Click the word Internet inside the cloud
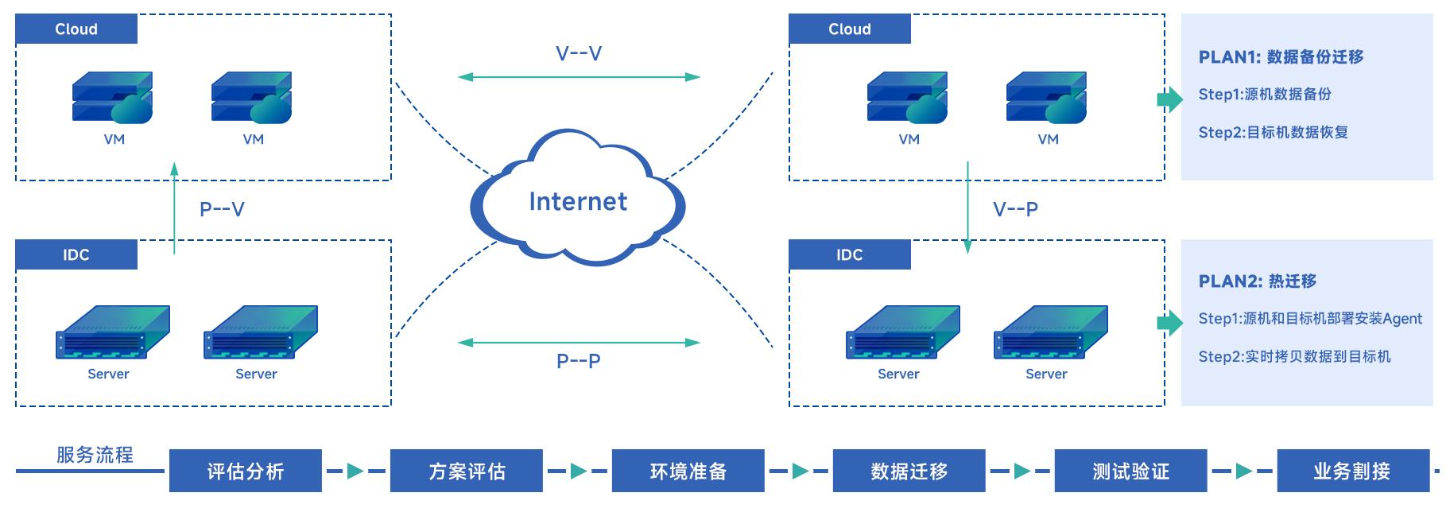coord(578,202)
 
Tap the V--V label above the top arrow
coord(579,54)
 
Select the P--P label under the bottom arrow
coord(579,361)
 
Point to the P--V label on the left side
coord(222,209)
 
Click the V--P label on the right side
coord(1015,209)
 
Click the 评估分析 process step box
coord(245,471)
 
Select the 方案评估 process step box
coord(467,471)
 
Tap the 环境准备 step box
coord(688,471)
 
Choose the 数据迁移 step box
coord(909,471)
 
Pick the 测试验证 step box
coord(1130,471)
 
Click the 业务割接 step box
coord(1351,471)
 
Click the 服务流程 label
coord(95,455)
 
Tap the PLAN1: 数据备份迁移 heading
coord(1281,57)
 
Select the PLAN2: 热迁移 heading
coord(1257,281)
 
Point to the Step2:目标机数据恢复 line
coord(1273,132)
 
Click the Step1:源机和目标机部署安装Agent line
coord(1309,319)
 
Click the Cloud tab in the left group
coord(76,29)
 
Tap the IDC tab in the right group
coord(849,254)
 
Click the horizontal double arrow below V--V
coord(579,77)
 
